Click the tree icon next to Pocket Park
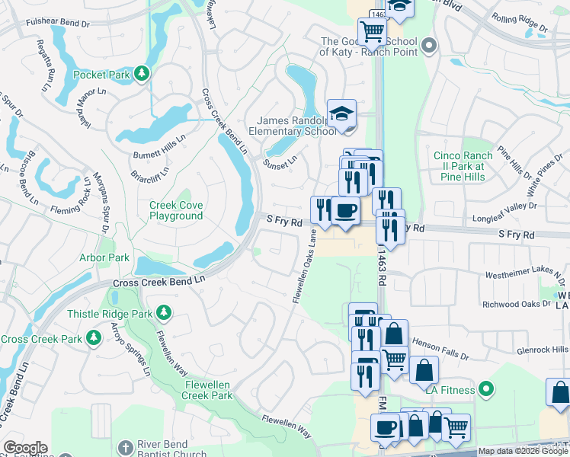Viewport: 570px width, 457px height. [142, 74]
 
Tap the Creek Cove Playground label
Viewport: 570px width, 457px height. [176, 211]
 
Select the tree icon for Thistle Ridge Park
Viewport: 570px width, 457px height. [163, 312]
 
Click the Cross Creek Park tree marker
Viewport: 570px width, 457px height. [93, 337]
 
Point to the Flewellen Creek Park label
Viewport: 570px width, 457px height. [208, 390]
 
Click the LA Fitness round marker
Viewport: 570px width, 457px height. [485, 391]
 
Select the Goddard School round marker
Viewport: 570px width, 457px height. [428, 46]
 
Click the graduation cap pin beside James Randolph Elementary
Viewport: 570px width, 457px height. [341, 114]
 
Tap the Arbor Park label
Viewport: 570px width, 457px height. [104, 258]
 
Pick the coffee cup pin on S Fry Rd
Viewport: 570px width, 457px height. [346, 210]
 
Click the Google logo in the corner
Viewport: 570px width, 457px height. [25, 448]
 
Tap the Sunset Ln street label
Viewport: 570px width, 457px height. [280, 161]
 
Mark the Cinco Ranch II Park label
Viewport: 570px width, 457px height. [463, 165]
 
